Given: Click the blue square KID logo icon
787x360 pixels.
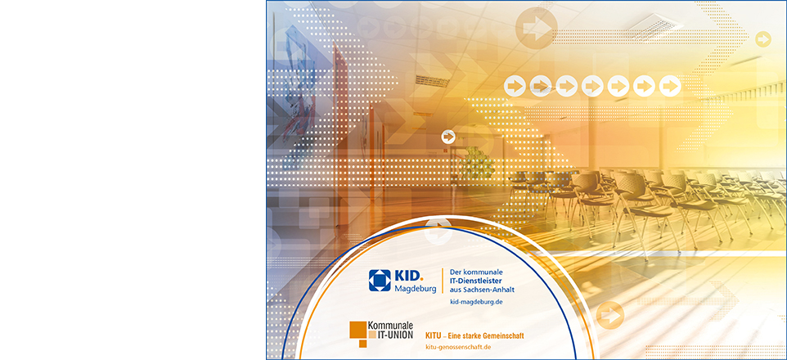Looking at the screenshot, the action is [x=380, y=280].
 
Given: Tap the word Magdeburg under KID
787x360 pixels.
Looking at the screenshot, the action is [x=415, y=289].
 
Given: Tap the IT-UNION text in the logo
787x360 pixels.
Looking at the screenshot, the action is [x=394, y=335].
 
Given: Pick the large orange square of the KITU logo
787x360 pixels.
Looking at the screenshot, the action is [x=358, y=330].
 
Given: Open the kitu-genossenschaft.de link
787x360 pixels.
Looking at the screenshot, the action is [x=458, y=347].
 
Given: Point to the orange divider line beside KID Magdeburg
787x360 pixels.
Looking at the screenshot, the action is [x=443, y=281].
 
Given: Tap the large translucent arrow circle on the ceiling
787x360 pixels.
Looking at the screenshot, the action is [x=536, y=28].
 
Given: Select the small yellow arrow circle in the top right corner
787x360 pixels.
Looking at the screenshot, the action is [x=763, y=39].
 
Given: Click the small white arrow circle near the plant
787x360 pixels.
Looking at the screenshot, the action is [x=448, y=137].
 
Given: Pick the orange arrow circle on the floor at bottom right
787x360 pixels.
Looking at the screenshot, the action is [x=609, y=315].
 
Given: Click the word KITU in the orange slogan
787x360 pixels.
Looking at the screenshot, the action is [x=433, y=335].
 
